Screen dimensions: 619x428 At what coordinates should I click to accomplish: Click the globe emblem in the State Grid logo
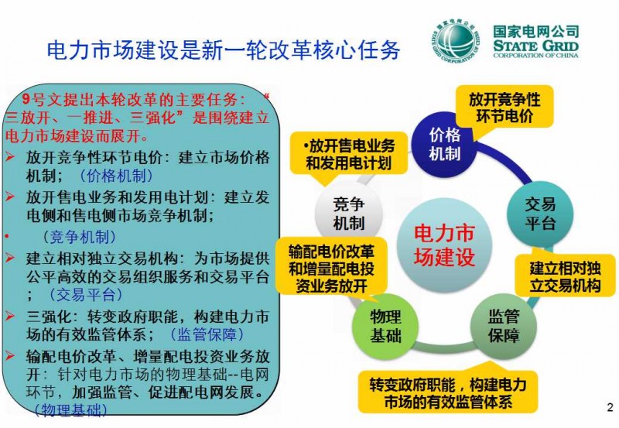point(456,41)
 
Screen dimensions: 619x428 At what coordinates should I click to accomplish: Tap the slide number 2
point(610,407)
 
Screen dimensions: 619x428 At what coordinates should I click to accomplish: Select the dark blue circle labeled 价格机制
point(444,144)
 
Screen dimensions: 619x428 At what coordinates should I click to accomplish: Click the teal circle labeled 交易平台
point(539,214)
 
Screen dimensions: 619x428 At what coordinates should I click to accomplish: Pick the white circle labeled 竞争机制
point(348,214)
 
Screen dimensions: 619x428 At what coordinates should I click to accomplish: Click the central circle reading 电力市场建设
point(444,245)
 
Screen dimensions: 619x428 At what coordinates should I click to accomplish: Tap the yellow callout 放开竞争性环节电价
point(504,108)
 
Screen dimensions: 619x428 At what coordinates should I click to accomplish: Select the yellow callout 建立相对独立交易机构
point(565,276)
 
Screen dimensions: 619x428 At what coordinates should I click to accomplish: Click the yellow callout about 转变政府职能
point(448,392)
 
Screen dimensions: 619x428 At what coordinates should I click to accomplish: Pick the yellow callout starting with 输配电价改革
point(331,269)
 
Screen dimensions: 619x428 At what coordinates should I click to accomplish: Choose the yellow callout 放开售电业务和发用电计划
point(349,154)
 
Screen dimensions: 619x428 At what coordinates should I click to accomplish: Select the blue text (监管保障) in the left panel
point(207,334)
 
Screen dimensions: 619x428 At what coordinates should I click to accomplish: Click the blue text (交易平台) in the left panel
point(86,294)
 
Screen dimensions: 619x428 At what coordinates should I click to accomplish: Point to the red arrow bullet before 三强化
point(10,316)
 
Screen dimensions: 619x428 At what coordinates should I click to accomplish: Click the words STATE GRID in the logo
point(535,46)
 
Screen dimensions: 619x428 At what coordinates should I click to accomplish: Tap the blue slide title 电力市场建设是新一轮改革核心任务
point(224,50)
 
